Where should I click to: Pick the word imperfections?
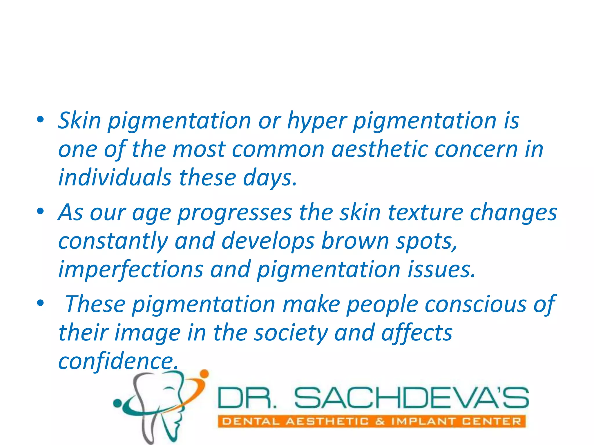click(x=131, y=269)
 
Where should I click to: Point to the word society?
click(x=291, y=333)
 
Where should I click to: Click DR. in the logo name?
click(x=247, y=397)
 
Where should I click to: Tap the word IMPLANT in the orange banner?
click(x=423, y=421)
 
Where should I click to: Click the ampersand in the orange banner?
click(x=380, y=421)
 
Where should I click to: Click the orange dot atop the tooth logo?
click(x=204, y=374)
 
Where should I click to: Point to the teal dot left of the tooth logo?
click(x=117, y=403)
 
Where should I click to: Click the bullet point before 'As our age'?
click(x=40, y=211)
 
